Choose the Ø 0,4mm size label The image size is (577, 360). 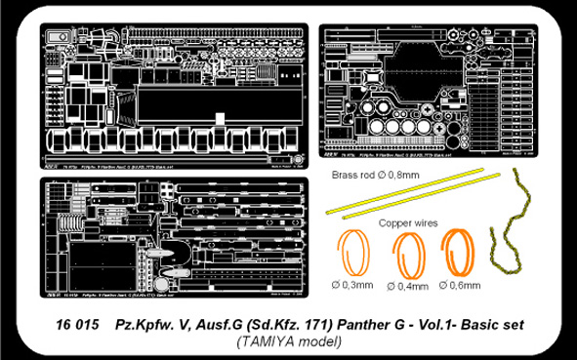coord(403,287)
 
